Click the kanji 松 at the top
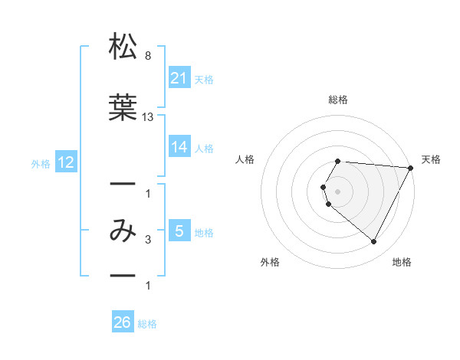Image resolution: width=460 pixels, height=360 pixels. [123, 47]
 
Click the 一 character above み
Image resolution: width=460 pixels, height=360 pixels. [123, 185]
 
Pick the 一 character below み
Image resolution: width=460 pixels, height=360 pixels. [123, 273]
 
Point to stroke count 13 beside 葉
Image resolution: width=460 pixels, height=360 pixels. [149, 117]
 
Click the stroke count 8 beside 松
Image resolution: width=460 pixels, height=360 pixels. [147, 57]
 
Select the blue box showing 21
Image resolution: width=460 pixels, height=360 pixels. [179, 77]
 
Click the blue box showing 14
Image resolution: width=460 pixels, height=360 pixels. [179, 147]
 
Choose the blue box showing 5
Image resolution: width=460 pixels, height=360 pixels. [179, 231]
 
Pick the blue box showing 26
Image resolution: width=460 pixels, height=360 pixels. [123, 322]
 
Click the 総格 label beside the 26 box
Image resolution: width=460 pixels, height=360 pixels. [147, 324]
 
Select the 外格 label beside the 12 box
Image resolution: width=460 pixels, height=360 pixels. [41, 163]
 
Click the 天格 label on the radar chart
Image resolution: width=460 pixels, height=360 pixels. [431, 159]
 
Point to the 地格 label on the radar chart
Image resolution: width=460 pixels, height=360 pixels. [402, 263]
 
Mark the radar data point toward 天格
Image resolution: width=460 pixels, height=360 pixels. [411, 168]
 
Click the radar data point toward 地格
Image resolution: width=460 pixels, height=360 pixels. [374, 242]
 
